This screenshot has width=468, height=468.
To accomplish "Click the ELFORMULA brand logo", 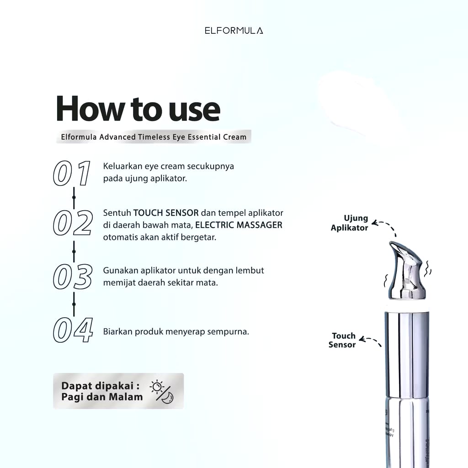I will [234, 31].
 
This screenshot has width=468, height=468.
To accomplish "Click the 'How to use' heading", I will [138, 109].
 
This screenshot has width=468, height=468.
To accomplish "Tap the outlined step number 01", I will [72, 173].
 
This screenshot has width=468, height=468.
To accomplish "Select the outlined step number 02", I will [73, 223].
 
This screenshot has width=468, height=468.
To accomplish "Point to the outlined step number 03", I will [73, 277].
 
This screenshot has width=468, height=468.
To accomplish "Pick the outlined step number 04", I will [73, 330].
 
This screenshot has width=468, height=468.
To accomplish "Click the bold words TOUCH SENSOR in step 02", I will [166, 213].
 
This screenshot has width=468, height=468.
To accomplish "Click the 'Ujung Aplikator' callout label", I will [350, 223].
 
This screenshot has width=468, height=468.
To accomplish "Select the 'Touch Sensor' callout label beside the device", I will [342, 340].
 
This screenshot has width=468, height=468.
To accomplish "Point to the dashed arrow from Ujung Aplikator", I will [385, 226].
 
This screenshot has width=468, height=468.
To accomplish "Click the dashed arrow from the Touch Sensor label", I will [371, 341].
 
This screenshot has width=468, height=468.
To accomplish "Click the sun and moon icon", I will [162, 391].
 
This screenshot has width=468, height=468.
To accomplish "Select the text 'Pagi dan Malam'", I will [102, 397].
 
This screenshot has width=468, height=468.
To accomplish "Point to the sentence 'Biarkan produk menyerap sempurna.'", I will [176, 331].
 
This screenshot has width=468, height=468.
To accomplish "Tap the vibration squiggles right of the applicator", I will [428, 270].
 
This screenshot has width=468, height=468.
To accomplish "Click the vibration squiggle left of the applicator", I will [385, 278].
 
